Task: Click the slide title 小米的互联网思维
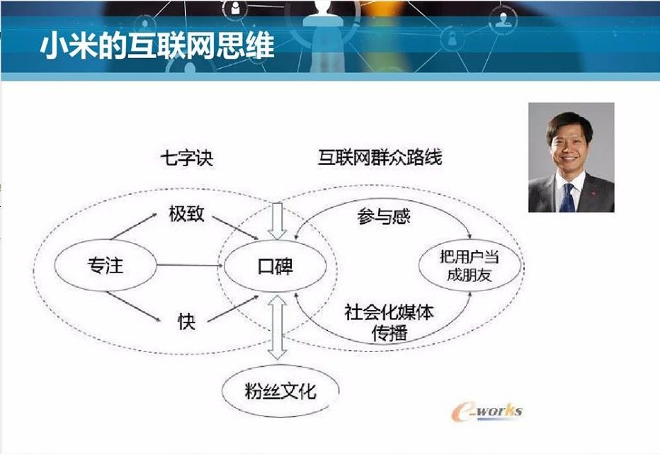[x=157, y=45]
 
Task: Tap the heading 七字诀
[x=187, y=159]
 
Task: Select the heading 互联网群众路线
[x=380, y=157]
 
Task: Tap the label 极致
[x=186, y=213]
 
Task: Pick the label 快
[x=186, y=322]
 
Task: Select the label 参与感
[x=383, y=217]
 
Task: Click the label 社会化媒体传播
[x=389, y=322]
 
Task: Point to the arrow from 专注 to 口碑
[x=190, y=266]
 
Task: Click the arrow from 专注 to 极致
[x=134, y=227]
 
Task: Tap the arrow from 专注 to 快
[x=133, y=307]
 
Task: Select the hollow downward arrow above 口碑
[x=278, y=222]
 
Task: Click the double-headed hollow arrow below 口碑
[x=278, y=327]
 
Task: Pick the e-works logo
[x=487, y=412]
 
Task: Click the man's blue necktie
[x=567, y=198]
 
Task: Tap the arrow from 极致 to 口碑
[x=235, y=228]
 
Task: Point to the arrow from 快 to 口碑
[x=233, y=309]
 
